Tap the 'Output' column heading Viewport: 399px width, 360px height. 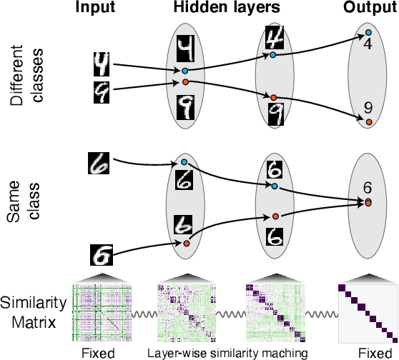pos(367,9)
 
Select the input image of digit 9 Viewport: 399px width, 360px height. pos(102,91)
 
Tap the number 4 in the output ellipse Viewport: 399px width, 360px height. pos(368,45)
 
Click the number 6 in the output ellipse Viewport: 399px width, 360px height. pos(368,189)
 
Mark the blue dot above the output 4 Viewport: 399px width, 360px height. pos(368,33)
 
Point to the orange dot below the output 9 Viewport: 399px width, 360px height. pos(368,123)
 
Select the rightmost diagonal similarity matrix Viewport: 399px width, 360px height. pos(366,312)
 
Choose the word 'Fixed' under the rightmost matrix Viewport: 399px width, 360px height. pos(366,352)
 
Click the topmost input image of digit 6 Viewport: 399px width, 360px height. pos(99,163)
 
